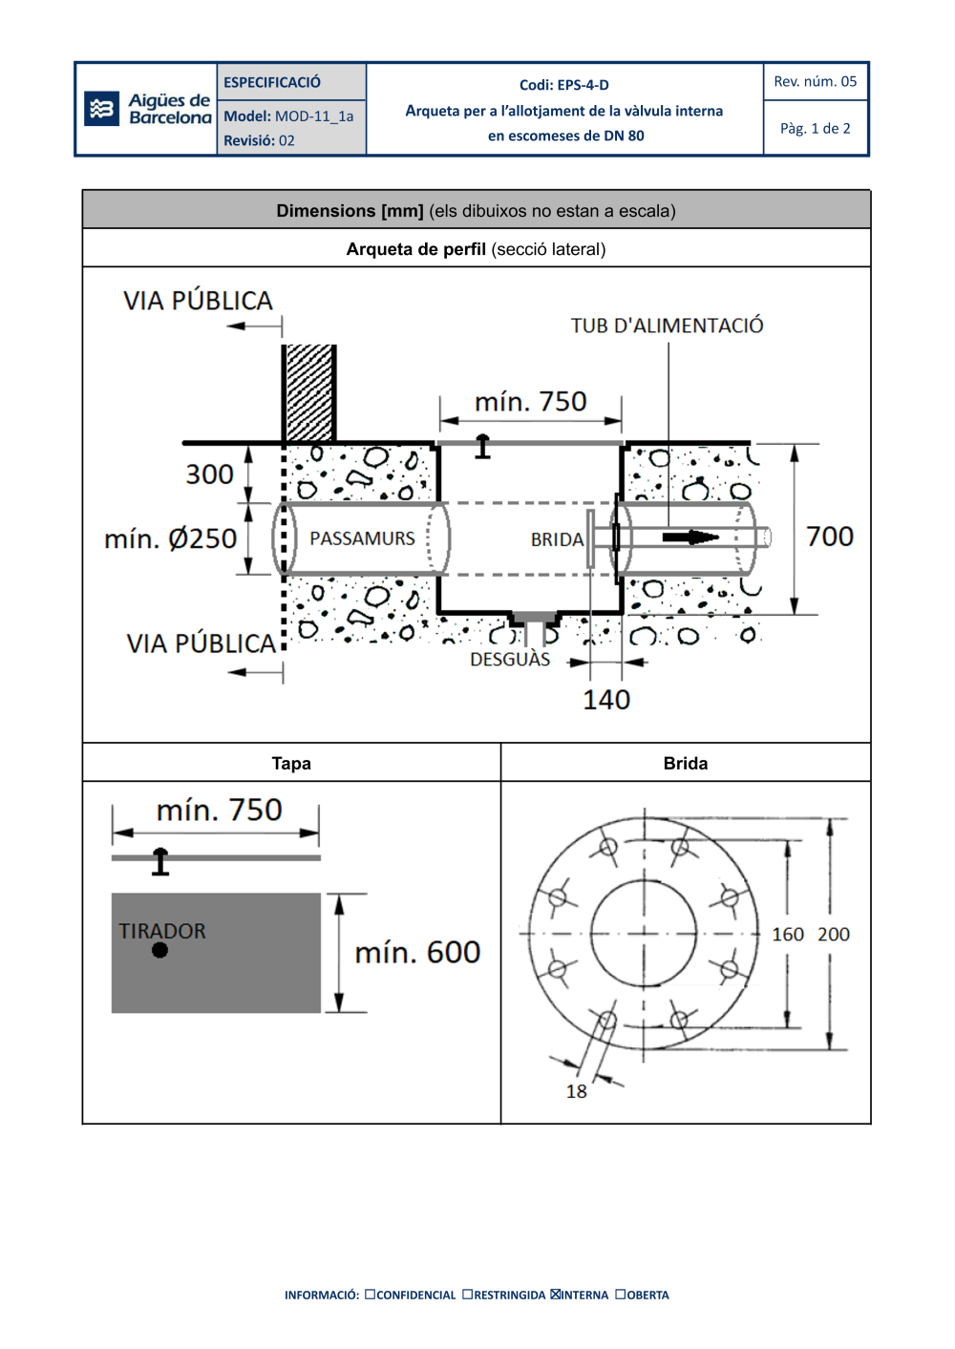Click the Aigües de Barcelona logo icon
[x=101, y=109]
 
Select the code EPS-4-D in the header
[x=583, y=85]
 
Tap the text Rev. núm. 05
[x=815, y=82]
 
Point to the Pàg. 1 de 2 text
[x=815, y=129]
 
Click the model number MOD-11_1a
[x=313, y=116]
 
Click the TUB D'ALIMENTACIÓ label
[x=667, y=326]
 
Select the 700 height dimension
[x=829, y=537]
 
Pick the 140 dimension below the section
[x=606, y=700]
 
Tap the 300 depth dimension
[x=209, y=474]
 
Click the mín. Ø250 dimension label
[x=170, y=539]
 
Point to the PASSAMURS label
[x=362, y=539]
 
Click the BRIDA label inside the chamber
[x=557, y=540]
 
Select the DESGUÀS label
[x=510, y=660]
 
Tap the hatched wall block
[x=309, y=392]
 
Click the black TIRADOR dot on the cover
[x=159, y=950]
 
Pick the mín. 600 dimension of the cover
[x=417, y=953]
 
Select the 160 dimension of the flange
[x=788, y=935]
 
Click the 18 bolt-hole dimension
[x=576, y=1091]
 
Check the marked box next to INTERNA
[x=556, y=1295]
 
